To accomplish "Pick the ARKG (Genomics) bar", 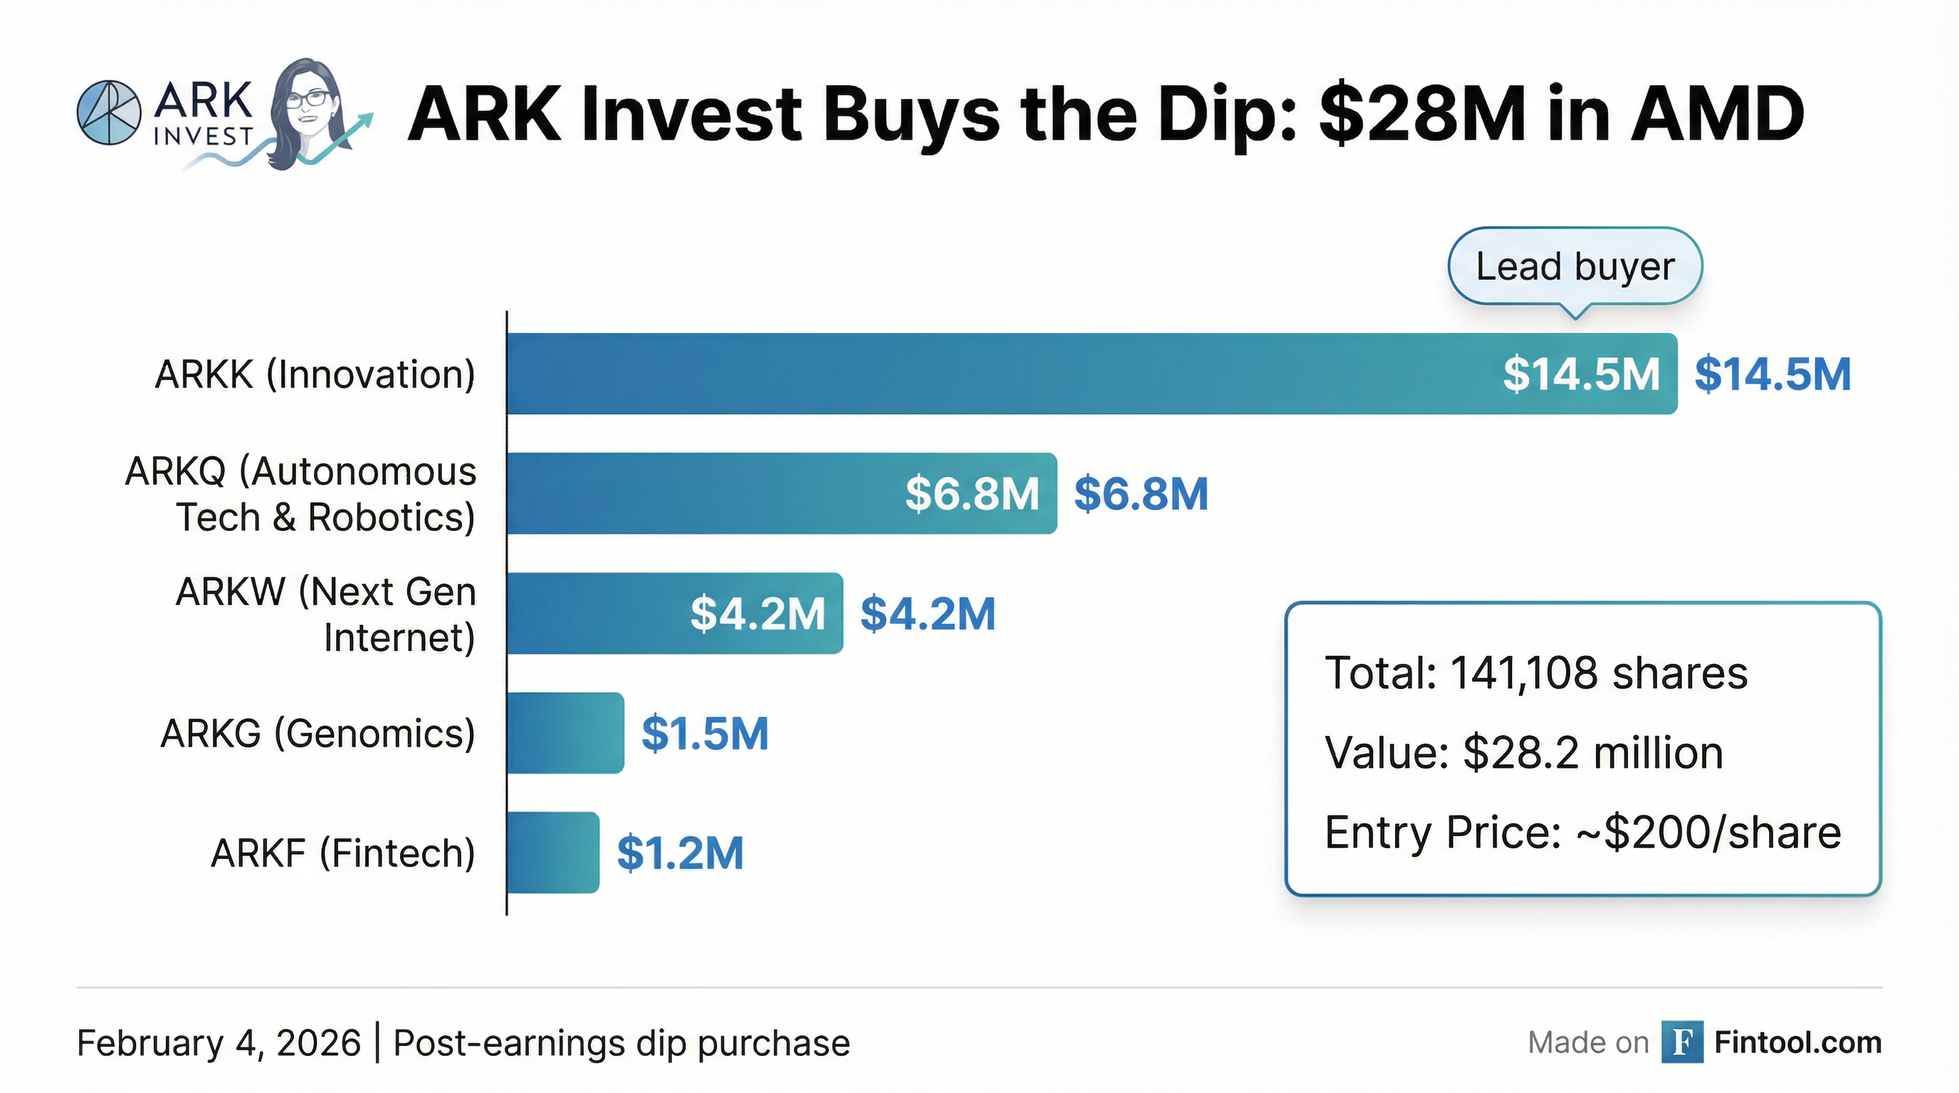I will click(565, 733).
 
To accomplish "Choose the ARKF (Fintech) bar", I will click(553, 852).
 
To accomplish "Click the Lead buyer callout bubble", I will click(1575, 267).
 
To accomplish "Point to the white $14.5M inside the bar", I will click(1581, 374).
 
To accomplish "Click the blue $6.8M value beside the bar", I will click(1140, 493).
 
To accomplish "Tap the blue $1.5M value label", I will click(705, 734).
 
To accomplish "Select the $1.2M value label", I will click(680, 852).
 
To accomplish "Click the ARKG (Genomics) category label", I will click(318, 734).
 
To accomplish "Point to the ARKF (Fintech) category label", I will click(343, 852).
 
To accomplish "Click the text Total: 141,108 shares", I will click(1536, 672).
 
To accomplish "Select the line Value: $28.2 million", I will click(1524, 752).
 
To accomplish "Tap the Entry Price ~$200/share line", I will click(1582, 833).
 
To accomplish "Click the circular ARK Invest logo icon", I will click(110, 112).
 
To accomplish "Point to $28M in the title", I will click(1422, 115).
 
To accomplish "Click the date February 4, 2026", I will click(219, 1043).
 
